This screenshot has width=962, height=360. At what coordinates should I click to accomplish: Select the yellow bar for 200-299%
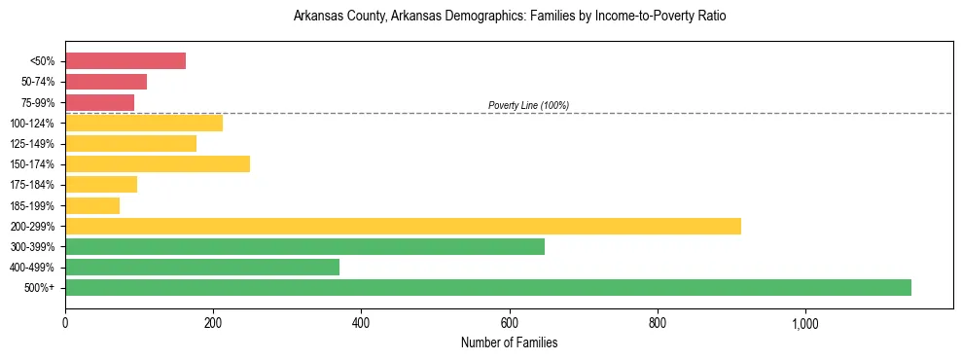tap(403, 226)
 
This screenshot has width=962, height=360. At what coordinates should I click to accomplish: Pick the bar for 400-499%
tap(202, 267)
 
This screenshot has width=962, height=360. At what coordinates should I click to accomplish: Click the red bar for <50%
tap(125, 60)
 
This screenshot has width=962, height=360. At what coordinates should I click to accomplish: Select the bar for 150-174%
tap(158, 163)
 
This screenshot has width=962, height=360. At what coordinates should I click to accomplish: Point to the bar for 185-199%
tap(92, 205)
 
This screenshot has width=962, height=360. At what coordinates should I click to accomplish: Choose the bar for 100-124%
tap(144, 123)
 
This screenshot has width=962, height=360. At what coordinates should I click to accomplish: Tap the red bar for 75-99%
tap(99, 102)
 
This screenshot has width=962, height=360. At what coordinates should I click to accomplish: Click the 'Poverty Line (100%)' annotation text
tap(528, 105)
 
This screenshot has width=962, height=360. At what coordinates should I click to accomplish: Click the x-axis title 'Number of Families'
tap(509, 342)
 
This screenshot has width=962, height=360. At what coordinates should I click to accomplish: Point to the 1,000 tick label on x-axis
tap(805, 323)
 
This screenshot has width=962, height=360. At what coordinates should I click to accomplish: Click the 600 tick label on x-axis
tap(509, 323)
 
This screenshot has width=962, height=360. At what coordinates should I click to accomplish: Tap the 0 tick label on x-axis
tap(65, 323)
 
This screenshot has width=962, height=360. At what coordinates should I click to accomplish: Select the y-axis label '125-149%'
tap(32, 144)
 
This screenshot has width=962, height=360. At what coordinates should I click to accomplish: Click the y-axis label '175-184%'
tap(32, 185)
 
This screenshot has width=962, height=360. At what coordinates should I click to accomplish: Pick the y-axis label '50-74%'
tap(37, 82)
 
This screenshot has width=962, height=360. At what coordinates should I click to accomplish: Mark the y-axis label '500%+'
tap(40, 288)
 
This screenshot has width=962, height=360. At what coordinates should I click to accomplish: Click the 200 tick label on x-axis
tap(213, 323)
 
